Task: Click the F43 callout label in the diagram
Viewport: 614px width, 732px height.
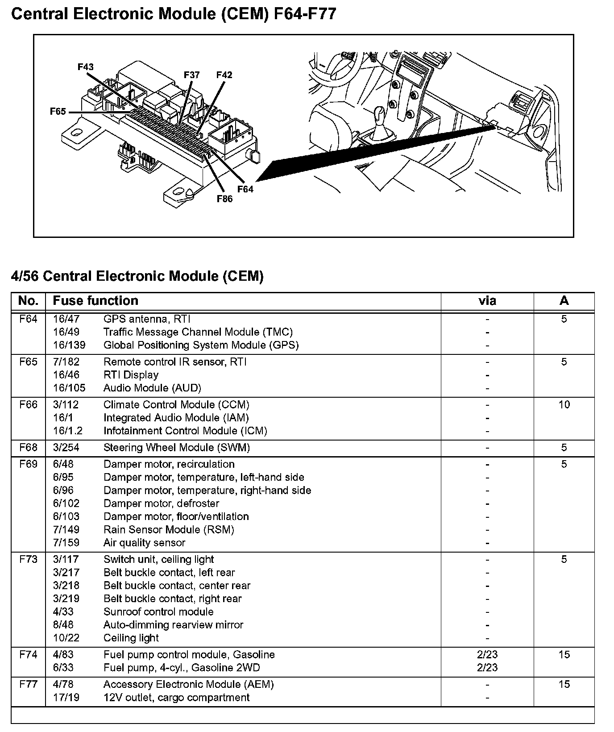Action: tap(85, 67)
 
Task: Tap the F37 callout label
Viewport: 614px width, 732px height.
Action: tap(192, 75)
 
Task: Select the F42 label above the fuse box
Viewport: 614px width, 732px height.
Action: tap(224, 75)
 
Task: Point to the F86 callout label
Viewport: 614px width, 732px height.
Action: tap(224, 199)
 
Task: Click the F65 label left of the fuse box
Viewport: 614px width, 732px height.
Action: tap(58, 112)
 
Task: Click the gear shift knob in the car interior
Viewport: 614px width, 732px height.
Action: tap(380, 117)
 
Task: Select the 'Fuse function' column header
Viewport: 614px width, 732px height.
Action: tap(95, 301)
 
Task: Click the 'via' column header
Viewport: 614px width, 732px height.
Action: tap(487, 301)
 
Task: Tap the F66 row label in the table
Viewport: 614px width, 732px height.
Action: tap(28, 405)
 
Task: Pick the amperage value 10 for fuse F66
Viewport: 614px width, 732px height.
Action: tap(564, 405)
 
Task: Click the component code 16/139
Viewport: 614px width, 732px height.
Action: tap(69, 345)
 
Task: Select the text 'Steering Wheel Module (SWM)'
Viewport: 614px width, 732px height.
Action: tap(176, 448)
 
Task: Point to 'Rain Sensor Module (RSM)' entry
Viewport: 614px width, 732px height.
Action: tap(169, 530)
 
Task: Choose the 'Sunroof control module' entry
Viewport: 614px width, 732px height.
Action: tap(158, 612)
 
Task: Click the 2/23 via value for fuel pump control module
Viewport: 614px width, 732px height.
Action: tap(487, 655)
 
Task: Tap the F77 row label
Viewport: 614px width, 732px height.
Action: tap(28, 684)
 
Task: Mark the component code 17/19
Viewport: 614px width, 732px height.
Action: tap(66, 698)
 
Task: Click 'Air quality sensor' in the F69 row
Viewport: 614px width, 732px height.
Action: tap(144, 543)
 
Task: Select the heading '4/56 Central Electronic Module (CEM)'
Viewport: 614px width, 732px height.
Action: tap(137, 276)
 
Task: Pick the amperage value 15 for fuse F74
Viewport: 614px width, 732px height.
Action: tap(564, 655)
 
